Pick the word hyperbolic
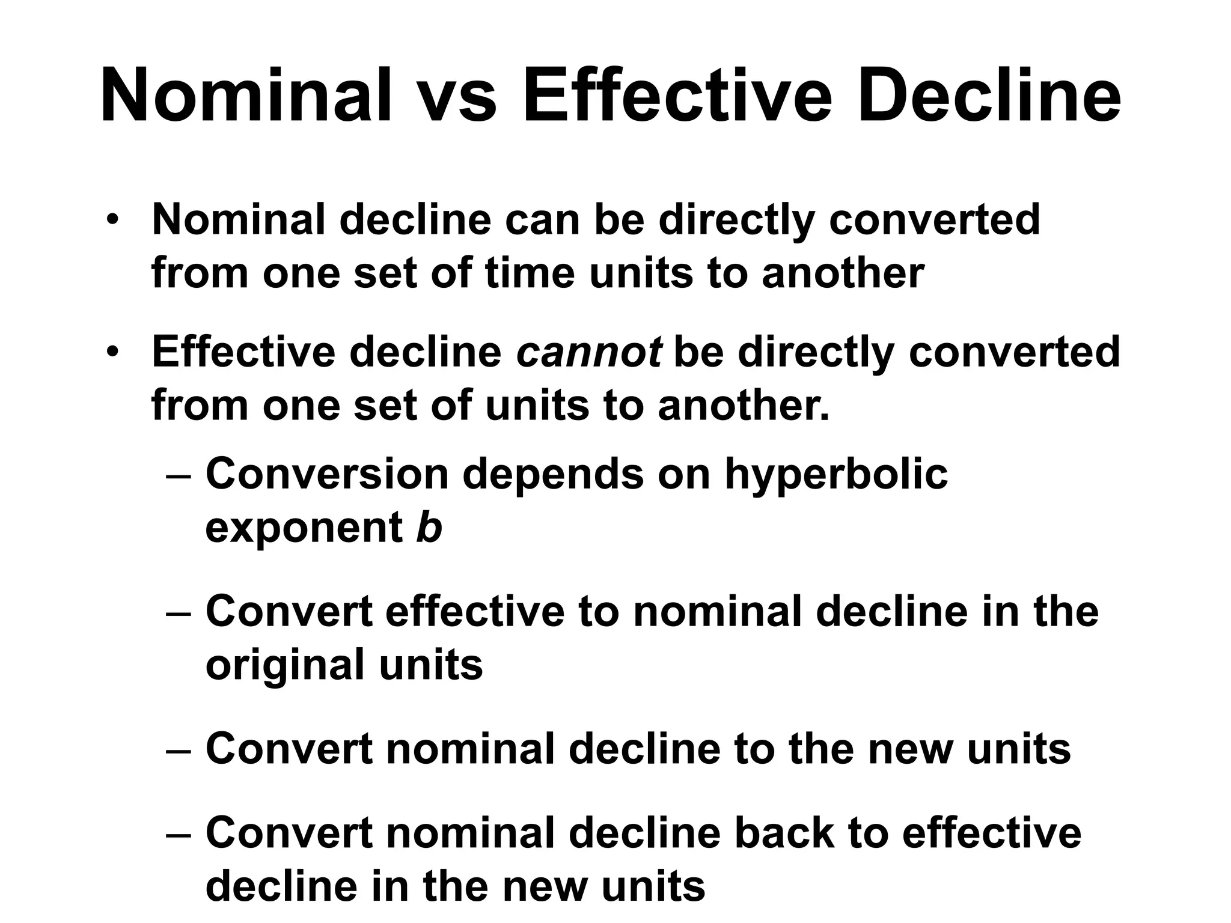pyautogui.click(x=835, y=475)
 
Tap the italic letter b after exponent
pyautogui.click(x=429, y=528)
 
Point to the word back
pyautogui.click(x=784, y=833)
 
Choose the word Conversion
pyautogui.click(x=328, y=475)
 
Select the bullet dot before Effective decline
pyautogui.click(x=112, y=353)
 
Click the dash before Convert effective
pyautogui.click(x=179, y=614)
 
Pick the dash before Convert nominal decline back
pyautogui.click(x=179, y=835)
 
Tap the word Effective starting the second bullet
pyautogui.click(x=243, y=352)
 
